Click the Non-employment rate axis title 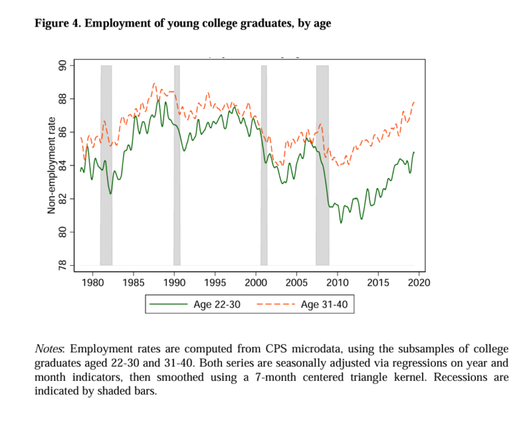coord(51,165)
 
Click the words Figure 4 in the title coord(57,24)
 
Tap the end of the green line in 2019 coord(414,153)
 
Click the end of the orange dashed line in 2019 coord(414,102)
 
